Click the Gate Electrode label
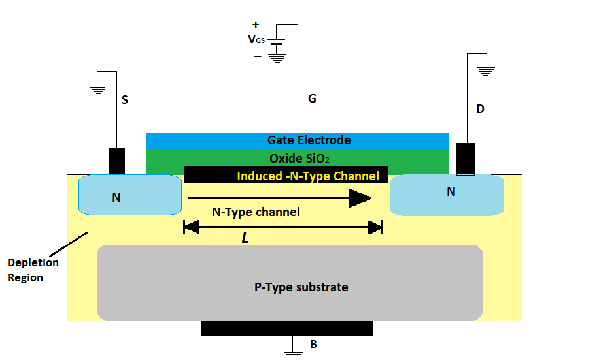click(309, 140)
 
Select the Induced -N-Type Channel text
click(307, 176)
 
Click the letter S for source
click(125, 101)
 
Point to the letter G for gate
click(312, 99)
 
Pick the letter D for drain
click(480, 109)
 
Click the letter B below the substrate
click(313, 343)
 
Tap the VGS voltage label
click(256, 40)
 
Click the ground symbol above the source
click(98, 88)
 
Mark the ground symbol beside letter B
click(293, 355)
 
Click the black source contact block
click(117, 161)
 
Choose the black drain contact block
click(465, 159)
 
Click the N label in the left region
click(116, 197)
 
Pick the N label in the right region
click(451, 192)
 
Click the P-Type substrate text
click(301, 287)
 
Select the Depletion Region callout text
click(33, 270)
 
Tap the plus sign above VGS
click(256, 25)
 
